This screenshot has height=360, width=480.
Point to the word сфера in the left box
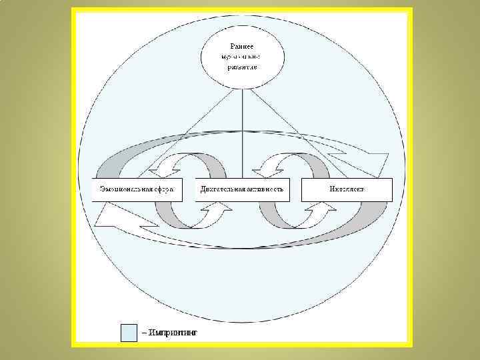tap(163, 189)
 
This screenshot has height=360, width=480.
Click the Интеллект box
tap(347, 189)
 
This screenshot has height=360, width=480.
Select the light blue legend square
tap(129, 332)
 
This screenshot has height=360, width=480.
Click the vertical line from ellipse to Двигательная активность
tap(241, 133)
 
